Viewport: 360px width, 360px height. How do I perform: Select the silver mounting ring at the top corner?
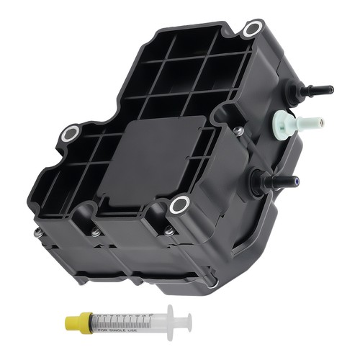(x=252, y=30)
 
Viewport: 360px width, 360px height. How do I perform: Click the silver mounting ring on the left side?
(x=70, y=134)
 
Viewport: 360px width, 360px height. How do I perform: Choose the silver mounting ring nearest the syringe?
(x=179, y=205)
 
